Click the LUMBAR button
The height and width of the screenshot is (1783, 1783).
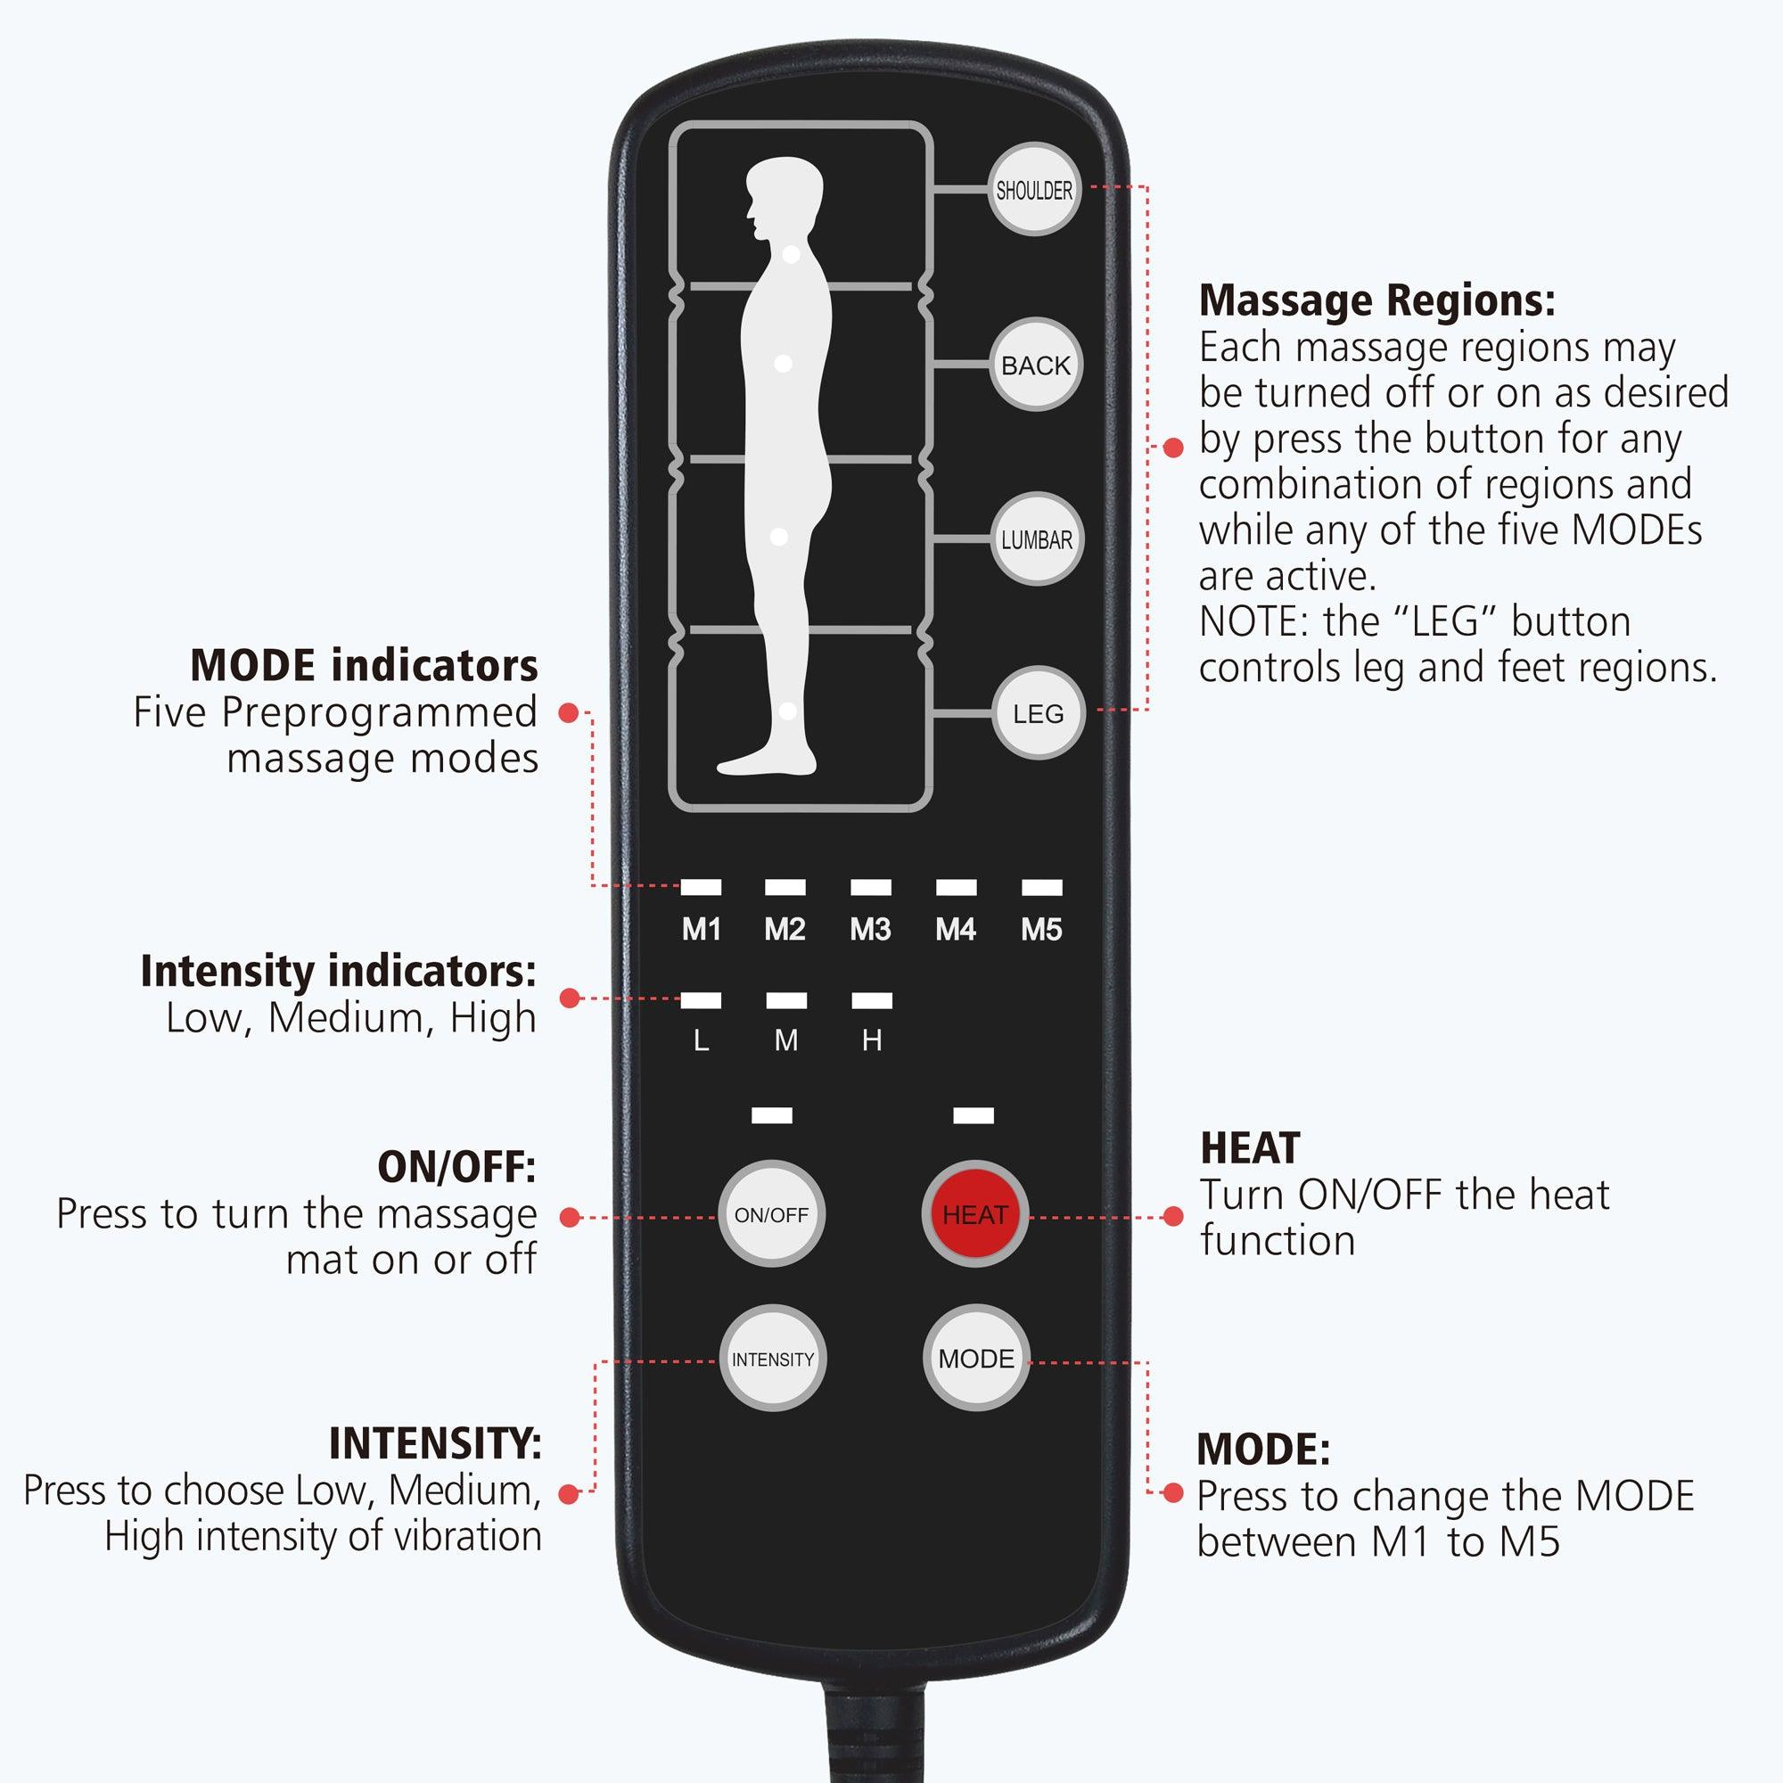click(1038, 540)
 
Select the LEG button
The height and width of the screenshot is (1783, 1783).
click(1039, 713)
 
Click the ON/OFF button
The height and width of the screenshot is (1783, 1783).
click(771, 1215)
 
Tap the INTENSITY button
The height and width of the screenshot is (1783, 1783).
click(772, 1360)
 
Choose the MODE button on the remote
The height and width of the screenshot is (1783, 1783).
click(975, 1359)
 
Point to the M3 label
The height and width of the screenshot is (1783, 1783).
click(870, 930)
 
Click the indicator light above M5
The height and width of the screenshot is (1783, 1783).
click(1042, 888)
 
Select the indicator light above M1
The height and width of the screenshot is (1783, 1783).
click(702, 888)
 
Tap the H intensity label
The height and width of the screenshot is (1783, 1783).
click(872, 1041)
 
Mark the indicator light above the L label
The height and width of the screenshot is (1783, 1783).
click(702, 1000)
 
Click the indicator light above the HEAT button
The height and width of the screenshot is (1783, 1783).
click(974, 1116)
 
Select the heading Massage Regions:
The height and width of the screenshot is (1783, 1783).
click(1377, 300)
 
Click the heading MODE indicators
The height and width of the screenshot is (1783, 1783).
click(364, 665)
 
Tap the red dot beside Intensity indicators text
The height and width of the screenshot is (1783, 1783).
click(570, 998)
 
